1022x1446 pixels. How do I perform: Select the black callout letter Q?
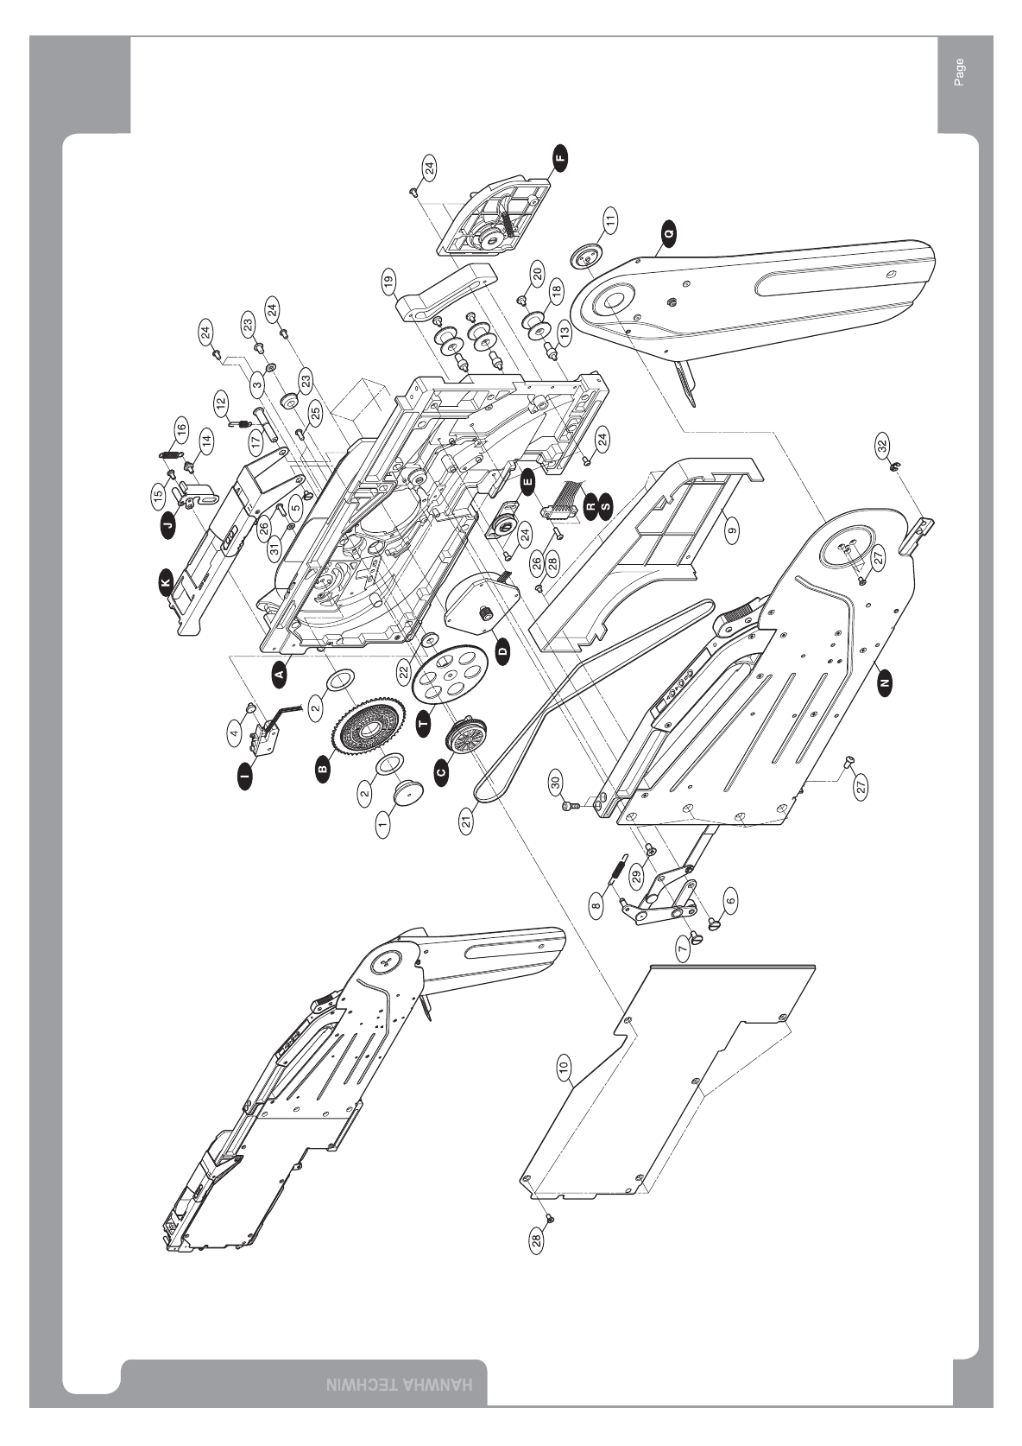coord(669,231)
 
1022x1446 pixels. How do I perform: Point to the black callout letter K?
coord(165,586)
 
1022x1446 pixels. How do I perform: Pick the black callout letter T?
coord(422,724)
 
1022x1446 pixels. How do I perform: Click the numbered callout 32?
coord(881,446)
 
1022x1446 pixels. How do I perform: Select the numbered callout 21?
coord(467,821)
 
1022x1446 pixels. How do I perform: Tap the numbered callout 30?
coord(556,781)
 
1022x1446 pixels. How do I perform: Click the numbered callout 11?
coord(610,219)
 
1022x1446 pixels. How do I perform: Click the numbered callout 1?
coord(383,824)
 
